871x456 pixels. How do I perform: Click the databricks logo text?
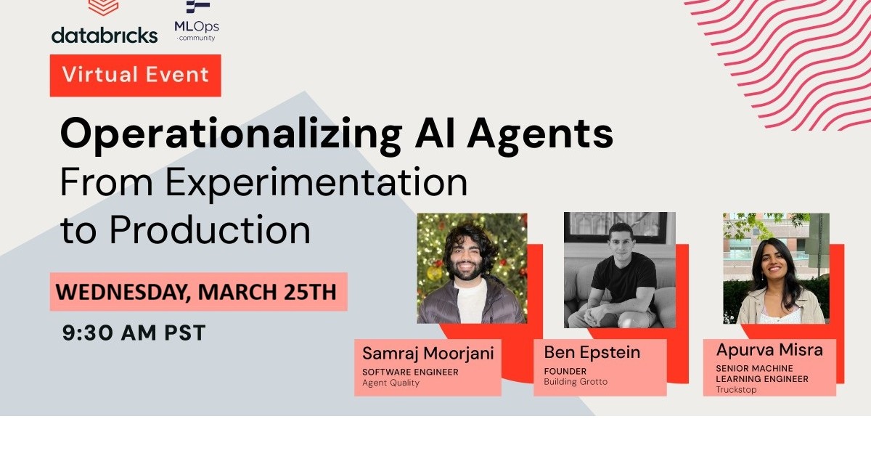[105, 34]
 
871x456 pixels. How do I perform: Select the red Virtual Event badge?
[135, 75]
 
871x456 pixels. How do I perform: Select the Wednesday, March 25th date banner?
[197, 292]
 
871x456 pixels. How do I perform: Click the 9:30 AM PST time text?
[134, 333]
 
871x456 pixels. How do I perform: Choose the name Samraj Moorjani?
[428, 354]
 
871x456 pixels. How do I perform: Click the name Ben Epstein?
[592, 353]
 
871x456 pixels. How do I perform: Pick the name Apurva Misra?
[769, 350]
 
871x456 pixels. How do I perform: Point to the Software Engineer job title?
[410, 372]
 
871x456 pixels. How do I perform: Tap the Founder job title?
[565, 371]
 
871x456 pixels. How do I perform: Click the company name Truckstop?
[736, 389]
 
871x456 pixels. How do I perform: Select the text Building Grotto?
[576, 382]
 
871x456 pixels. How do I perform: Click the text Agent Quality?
[390, 383]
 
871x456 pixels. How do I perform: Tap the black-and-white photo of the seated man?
[619, 270]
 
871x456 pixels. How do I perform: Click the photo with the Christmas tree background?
[472, 268]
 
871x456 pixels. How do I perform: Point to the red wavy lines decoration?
[784, 58]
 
